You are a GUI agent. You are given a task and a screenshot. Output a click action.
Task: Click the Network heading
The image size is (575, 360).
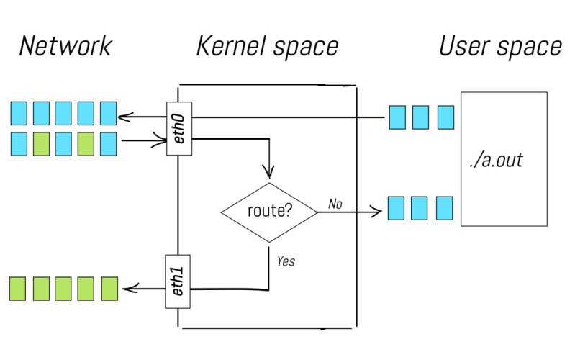[x=65, y=47]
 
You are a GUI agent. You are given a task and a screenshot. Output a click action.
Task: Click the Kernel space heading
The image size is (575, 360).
[x=267, y=47]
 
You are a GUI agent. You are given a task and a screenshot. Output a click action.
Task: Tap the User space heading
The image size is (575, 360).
[x=500, y=47]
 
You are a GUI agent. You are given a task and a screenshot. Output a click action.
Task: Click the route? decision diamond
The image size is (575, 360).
[x=268, y=212]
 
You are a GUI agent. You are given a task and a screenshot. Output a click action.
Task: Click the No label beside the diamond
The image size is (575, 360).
[x=335, y=204]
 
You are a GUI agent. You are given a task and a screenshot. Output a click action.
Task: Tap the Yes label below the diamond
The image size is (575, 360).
[x=286, y=261]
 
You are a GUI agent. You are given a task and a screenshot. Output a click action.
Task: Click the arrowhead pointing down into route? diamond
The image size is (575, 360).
[x=269, y=173]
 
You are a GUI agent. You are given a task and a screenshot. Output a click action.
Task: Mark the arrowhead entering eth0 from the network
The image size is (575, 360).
[x=161, y=141]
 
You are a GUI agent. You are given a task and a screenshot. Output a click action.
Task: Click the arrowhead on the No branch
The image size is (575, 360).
[x=376, y=212]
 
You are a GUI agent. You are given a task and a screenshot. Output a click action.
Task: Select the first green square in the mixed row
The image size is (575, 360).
[x=41, y=143]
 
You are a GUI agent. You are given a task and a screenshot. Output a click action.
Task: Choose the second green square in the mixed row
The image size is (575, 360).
[x=86, y=143]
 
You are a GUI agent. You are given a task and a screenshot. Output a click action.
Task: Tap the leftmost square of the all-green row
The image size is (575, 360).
[x=18, y=289]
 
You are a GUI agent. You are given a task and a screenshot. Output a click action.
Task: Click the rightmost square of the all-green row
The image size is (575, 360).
[x=109, y=289]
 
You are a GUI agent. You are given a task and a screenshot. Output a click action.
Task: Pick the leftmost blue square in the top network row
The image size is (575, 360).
[x=19, y=113]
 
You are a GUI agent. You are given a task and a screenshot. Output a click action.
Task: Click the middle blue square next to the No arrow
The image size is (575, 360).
[x=419, y=208]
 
